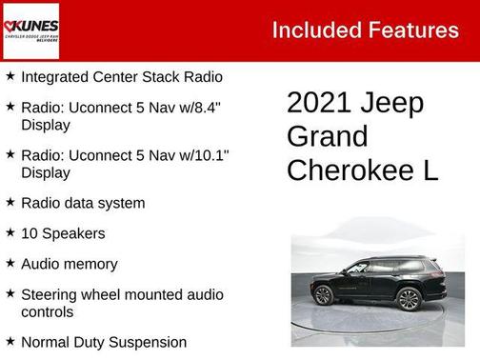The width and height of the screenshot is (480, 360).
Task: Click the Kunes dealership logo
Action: (31, 30)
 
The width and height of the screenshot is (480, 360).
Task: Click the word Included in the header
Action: (314, 30)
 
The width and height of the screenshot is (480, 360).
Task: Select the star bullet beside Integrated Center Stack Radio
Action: (10, 75)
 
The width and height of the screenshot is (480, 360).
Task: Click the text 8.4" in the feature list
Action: (204, 107)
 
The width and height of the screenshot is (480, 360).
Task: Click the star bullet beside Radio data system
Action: (10, 202)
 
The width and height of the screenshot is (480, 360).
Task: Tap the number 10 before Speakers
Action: (30, 233)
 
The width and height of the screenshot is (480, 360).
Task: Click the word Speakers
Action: (74, 233)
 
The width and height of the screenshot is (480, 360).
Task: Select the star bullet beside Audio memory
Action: (10, 263)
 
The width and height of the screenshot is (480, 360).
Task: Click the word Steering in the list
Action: (50, 294)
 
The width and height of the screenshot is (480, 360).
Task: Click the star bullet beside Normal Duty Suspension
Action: (10, 341)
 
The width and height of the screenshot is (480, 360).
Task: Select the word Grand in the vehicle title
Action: (327, 137)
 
